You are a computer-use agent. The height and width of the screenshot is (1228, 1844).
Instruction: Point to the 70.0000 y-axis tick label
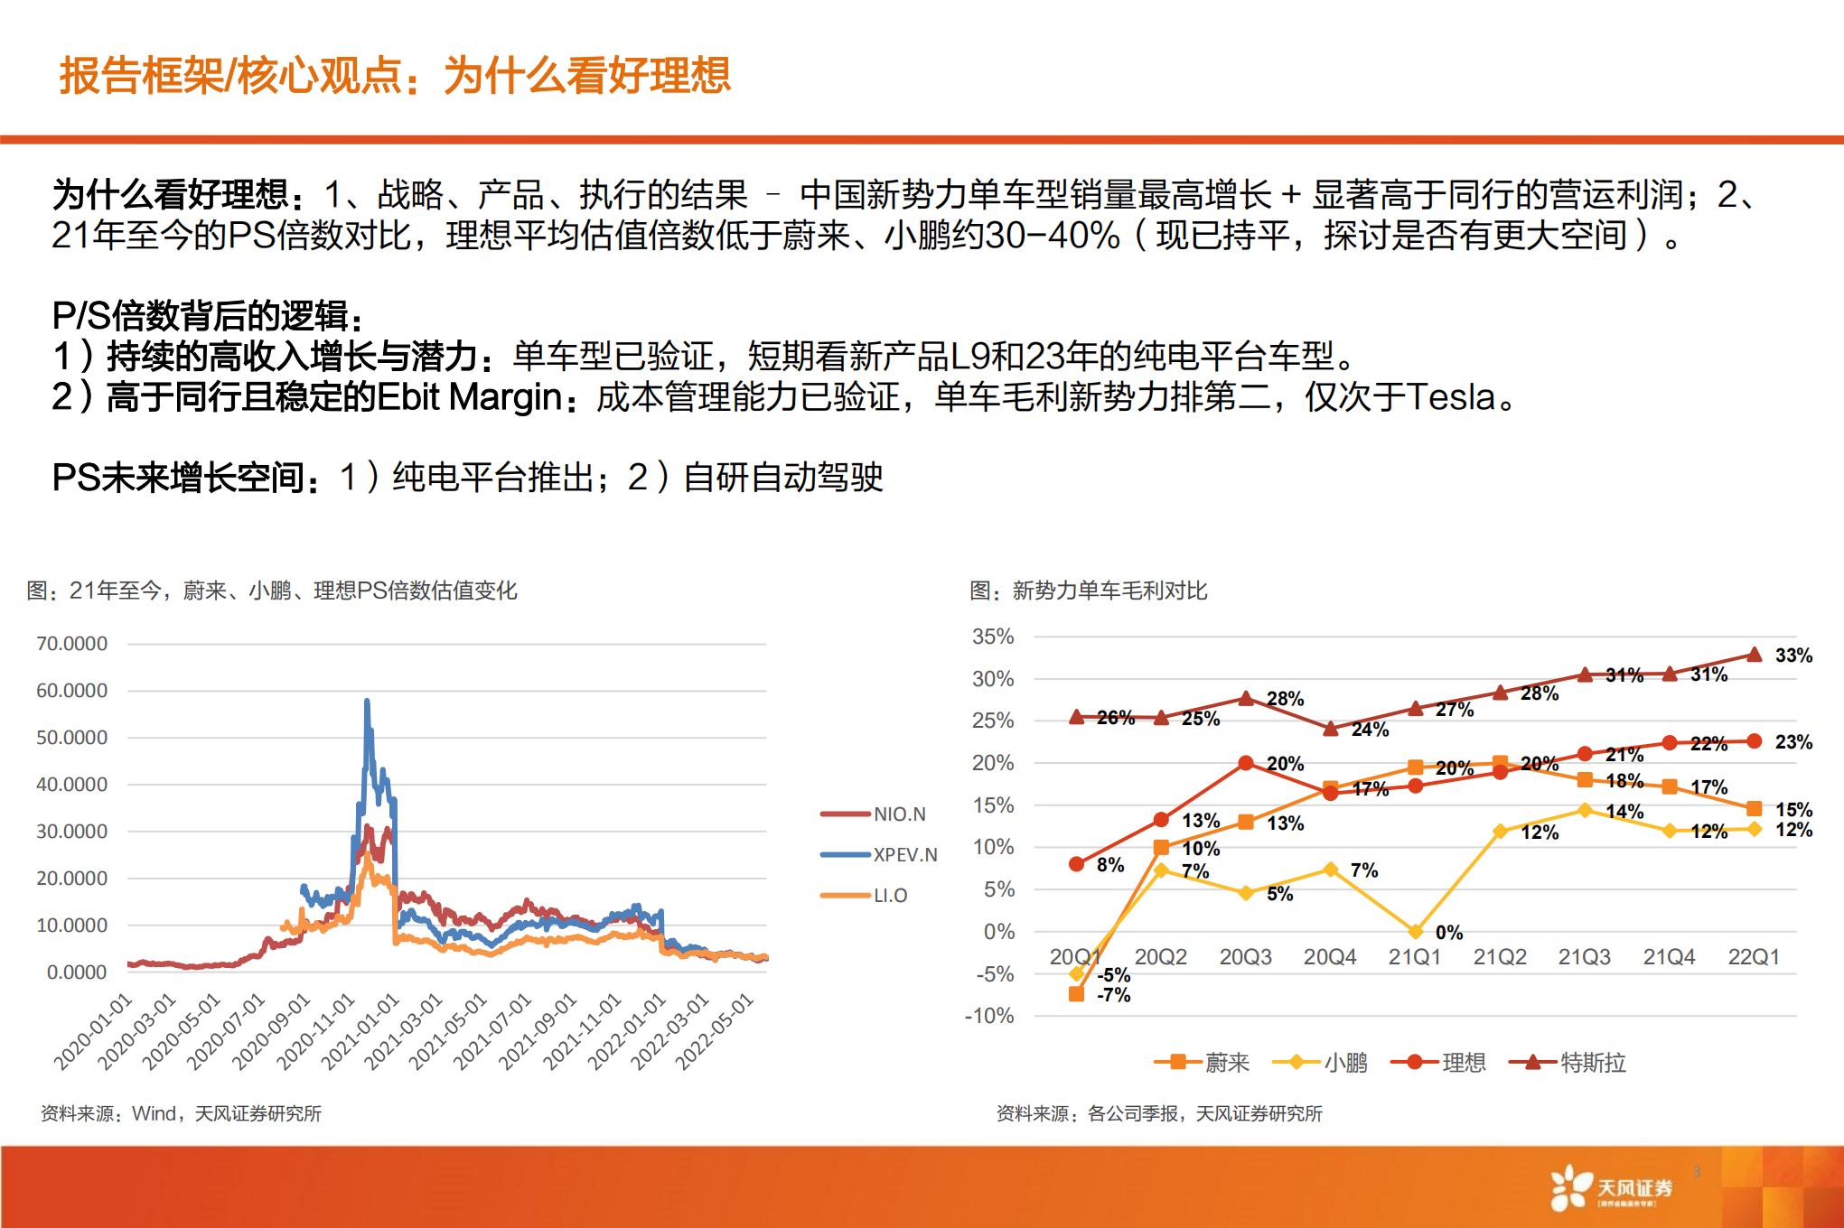(x=71, y=644)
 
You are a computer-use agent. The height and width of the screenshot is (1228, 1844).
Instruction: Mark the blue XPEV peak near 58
(x=367, y=701)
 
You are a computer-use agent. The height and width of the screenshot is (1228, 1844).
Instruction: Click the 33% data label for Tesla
(x=1793, y=656)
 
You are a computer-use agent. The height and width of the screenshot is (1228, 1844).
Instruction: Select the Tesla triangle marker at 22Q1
(x=1754, y=655)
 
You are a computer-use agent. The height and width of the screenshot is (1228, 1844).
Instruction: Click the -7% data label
(x=1113, y=995)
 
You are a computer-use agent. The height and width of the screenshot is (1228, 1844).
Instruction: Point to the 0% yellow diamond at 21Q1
(x=1416, y=931)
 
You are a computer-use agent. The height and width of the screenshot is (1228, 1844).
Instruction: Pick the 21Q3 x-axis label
(x=1584, y=957)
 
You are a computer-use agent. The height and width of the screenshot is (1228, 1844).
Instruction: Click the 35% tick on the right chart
(x=993, y=637)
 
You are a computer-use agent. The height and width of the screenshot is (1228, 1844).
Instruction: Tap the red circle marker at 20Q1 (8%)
(x=1076, y=864)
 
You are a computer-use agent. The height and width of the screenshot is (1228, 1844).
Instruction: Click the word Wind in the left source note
(x=154, y=1114)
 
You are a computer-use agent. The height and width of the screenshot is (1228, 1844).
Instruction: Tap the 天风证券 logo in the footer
(x=1612, y=1188)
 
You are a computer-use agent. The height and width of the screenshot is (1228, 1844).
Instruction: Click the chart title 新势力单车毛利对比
(x=1109, y=591)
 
